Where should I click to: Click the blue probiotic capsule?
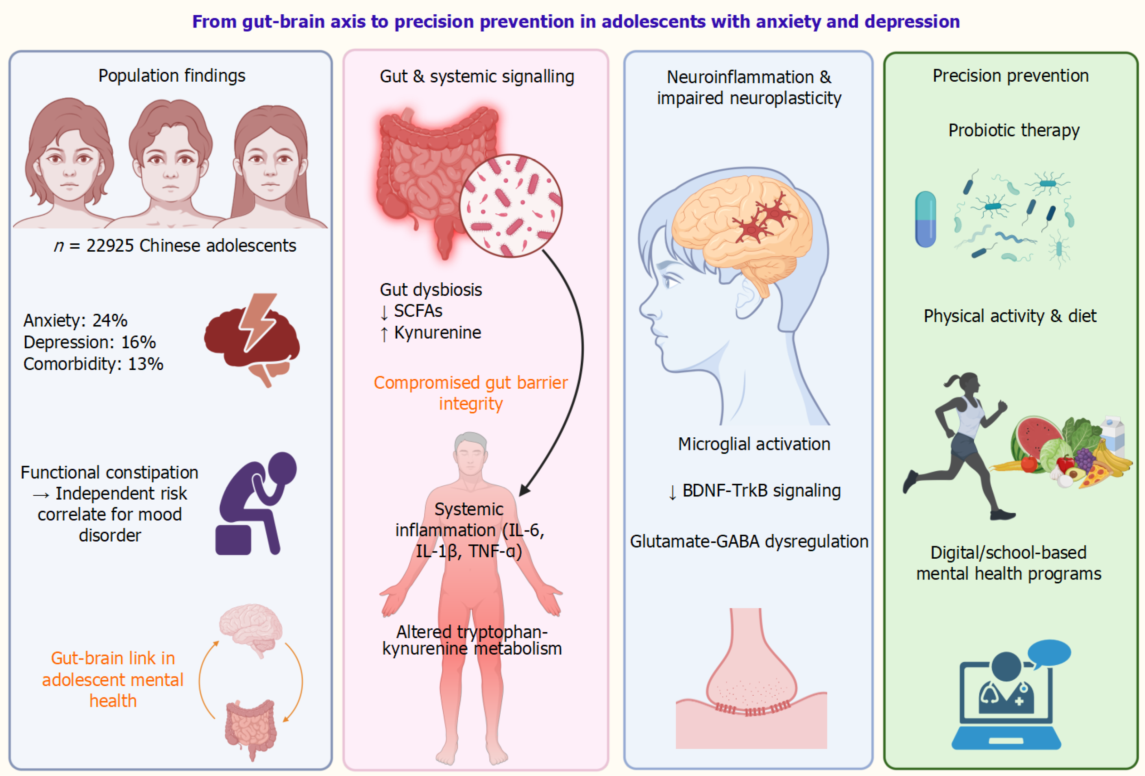(x=925, y=219)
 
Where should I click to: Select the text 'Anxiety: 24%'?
(x=75, y=320)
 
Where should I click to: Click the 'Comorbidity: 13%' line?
(x=93, y=364)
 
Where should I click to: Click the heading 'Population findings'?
(x=171, y=75)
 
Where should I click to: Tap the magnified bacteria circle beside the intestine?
(x=511, y=205)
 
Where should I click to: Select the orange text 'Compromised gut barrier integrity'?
(x=470, y=393)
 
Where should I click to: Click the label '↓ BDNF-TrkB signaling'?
(x=754, y=491)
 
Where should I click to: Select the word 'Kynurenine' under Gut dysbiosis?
(x=437, y=333)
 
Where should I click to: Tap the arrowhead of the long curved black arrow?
(x=525, y=490)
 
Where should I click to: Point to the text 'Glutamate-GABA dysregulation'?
(x=749, y=541)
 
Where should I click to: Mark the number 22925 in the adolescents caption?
(x=110, y=245)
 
